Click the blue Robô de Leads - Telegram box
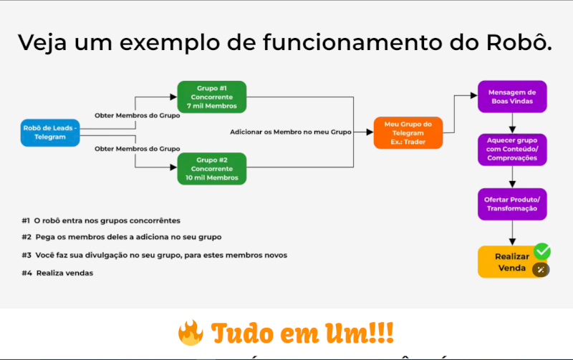pos(50,132)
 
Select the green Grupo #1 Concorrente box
pos(211,97)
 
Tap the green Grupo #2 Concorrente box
pos(211,169)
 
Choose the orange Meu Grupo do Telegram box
pos(408,133)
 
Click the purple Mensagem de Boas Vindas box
pos(512,97)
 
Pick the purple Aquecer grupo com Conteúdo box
pos(512,149)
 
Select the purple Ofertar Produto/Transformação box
pos(512,203)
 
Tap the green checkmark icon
pos(542,251)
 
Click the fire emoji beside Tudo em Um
pos(190,334)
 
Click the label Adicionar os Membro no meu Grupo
pos(291,132)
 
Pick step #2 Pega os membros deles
pos(122,237)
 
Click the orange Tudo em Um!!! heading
pos(302,334)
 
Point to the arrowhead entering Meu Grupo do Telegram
pos(369,132)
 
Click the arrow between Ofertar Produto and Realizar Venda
pos(512,233)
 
